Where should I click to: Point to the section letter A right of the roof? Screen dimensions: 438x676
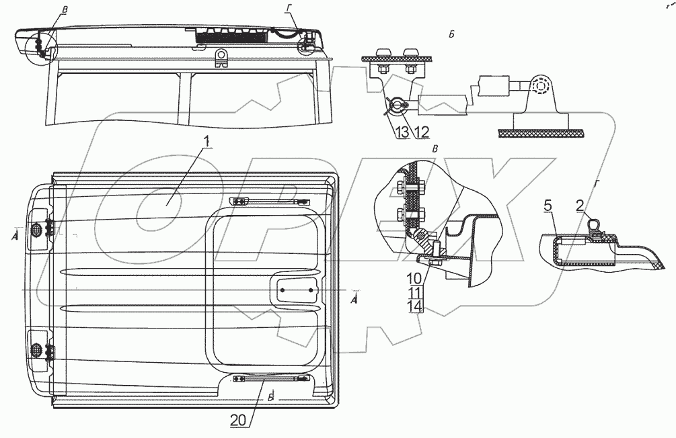coord(353,300)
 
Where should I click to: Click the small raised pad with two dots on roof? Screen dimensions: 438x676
coord(296,289)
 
